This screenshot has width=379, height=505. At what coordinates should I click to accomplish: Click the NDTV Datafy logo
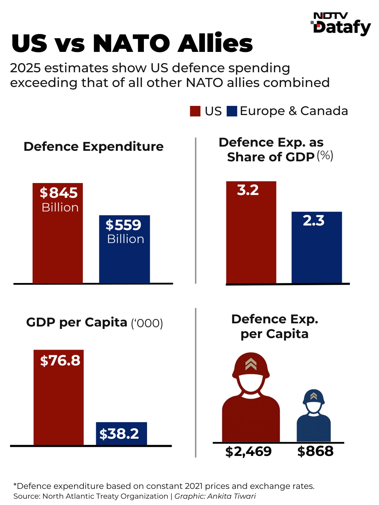341,24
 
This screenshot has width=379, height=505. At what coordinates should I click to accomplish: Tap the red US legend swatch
195,111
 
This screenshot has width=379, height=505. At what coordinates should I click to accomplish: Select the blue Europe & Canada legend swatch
232,111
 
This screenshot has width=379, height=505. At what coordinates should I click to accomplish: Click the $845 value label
59,193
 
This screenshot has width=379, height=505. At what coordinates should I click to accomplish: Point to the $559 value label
124,225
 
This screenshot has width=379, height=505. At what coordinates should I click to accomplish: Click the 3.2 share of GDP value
248,190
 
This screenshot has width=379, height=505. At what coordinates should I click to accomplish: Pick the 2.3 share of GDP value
313,221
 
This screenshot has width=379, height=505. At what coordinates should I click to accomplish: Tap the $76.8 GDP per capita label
60,361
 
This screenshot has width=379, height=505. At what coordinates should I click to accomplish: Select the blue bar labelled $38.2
121,434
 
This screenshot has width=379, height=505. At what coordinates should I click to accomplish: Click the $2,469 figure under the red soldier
248,451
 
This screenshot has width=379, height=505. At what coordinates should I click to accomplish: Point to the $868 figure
315,451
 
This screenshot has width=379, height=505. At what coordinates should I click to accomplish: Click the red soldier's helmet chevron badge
251,364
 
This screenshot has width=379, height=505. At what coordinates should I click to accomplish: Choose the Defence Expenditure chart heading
93,147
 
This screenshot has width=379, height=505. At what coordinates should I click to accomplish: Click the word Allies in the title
215,43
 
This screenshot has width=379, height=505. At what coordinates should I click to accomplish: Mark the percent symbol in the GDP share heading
325,155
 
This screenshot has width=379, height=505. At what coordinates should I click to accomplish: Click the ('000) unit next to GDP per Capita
147,323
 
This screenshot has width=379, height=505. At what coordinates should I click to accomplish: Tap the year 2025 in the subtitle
24,68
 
